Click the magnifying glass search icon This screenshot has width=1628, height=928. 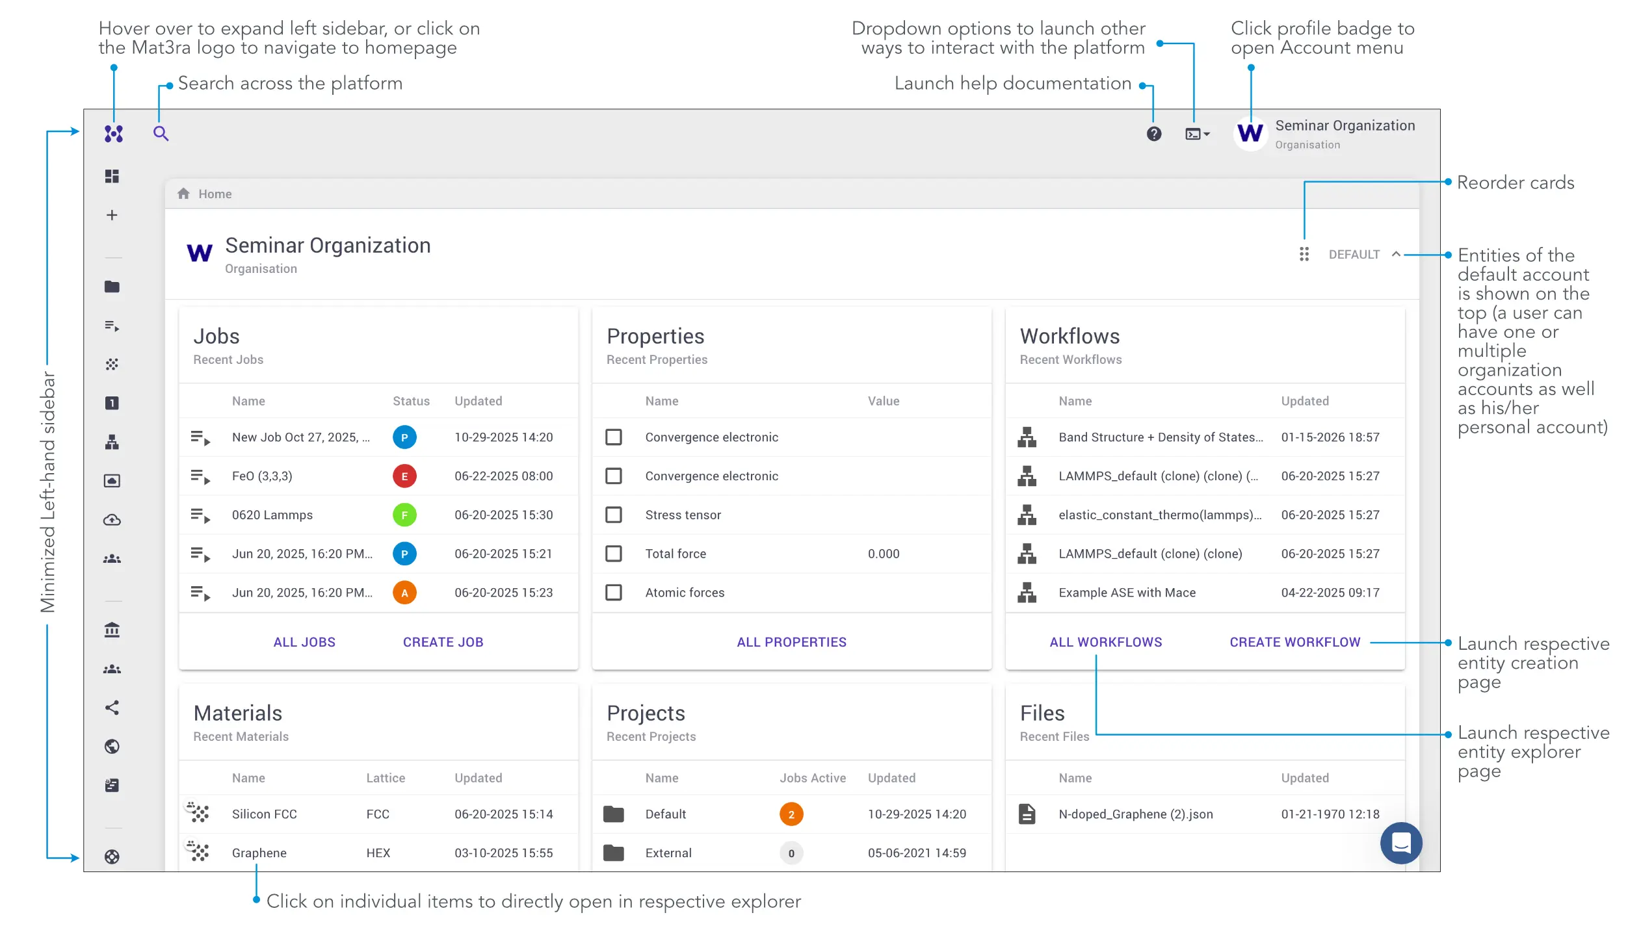(x=161, y=134)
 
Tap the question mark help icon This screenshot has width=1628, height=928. (x=1153, y=134)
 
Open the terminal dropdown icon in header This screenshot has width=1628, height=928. (x=1196, y=134)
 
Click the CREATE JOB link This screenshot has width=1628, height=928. (x=443, y=642)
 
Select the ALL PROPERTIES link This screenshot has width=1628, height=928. (x=791, y=642)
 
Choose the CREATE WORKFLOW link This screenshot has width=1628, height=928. (x=1294, y=642)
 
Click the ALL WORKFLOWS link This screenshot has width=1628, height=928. (x=1105, y=642)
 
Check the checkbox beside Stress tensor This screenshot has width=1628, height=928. (x=613, y=515)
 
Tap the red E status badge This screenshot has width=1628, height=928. (x=404, y=476)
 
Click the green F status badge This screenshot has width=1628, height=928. (x=404, y=515)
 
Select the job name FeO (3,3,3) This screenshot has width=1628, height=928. (x=262, y=476)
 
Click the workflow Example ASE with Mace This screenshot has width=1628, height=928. (x=1127, y=593)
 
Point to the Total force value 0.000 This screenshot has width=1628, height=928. (x=883, y=554)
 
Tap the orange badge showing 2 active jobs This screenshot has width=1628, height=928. (x=791, y=814)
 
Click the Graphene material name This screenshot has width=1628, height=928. (x=259, y=853)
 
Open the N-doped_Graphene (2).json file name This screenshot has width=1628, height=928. (x=1135, y=814)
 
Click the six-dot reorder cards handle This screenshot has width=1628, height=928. (x=1304, y=254)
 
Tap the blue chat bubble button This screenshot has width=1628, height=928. (x=1400, y=843)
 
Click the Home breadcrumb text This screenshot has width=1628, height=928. (x=215, y=194)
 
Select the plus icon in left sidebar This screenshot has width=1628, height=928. (x=112, y=215)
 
